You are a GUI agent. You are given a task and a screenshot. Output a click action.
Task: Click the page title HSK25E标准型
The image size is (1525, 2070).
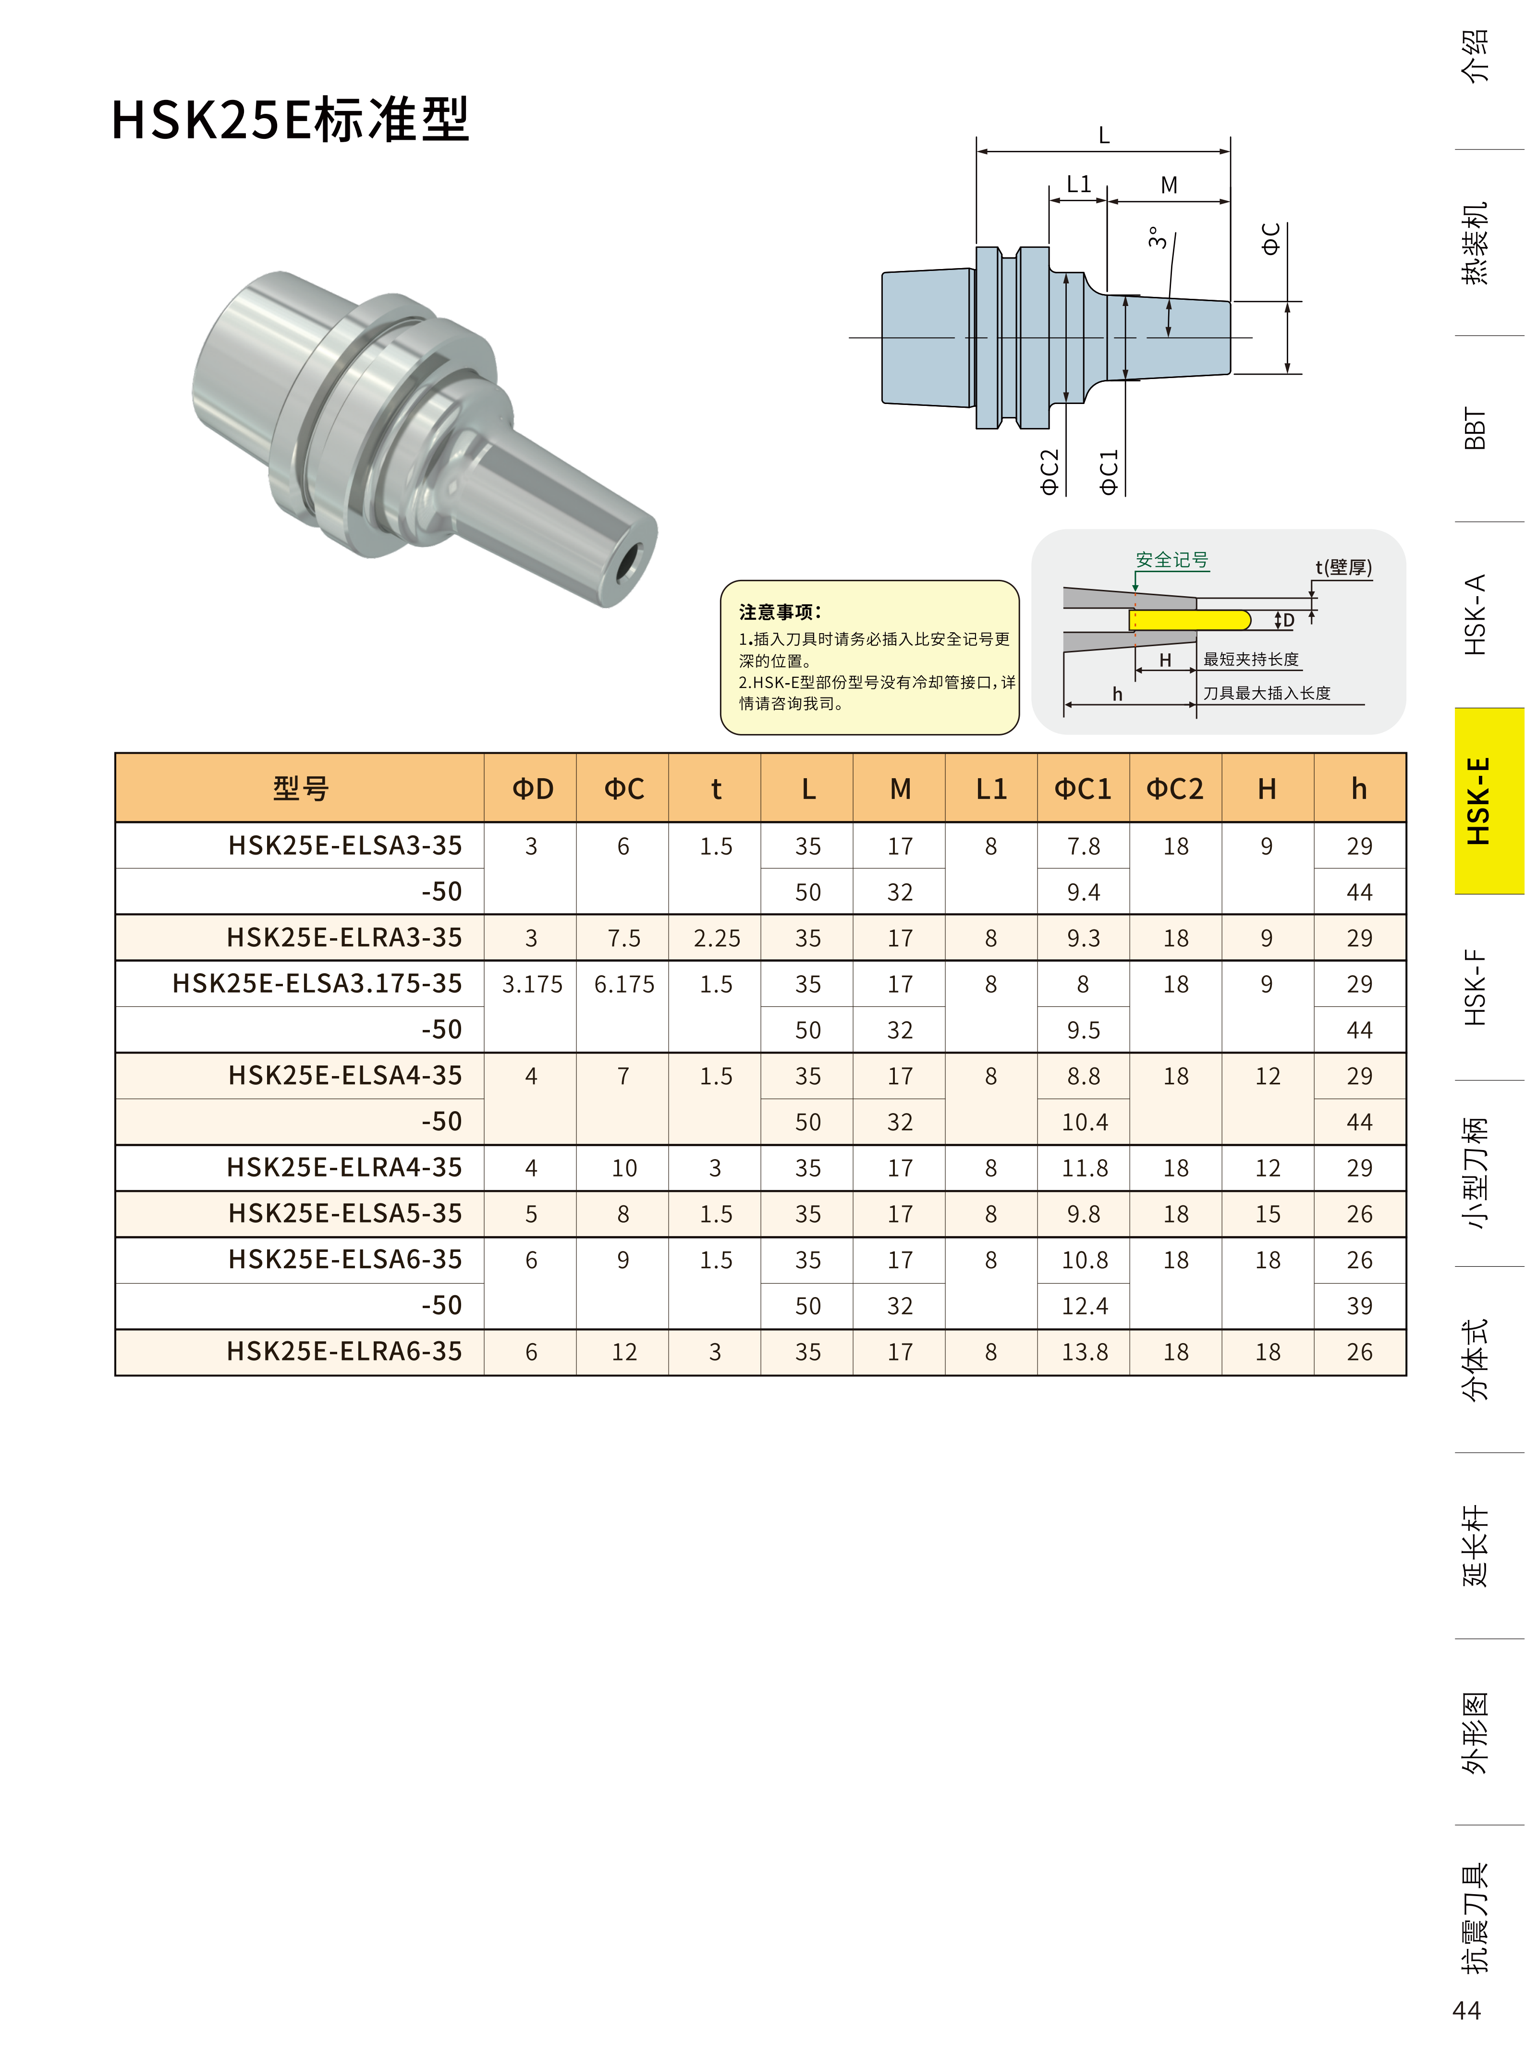[x=290, y=120]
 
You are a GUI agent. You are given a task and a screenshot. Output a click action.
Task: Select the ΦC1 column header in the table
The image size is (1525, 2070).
[x=1083, y=788]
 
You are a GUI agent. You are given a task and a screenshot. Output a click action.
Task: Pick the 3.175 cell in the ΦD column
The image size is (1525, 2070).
[x=532, y=984]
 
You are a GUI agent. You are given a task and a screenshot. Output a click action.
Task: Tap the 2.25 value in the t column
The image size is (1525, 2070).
[x=716, y=938]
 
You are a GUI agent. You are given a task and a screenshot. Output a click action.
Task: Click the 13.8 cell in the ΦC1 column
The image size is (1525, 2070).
[x=1084, y=1352]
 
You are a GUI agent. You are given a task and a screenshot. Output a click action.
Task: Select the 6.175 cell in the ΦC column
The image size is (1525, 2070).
[x=624, y=984]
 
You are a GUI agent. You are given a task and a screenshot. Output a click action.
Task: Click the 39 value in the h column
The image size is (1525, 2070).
[x=1359, y=1306]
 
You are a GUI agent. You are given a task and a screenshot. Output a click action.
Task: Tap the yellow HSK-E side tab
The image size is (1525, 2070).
[x=1489, y=800]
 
